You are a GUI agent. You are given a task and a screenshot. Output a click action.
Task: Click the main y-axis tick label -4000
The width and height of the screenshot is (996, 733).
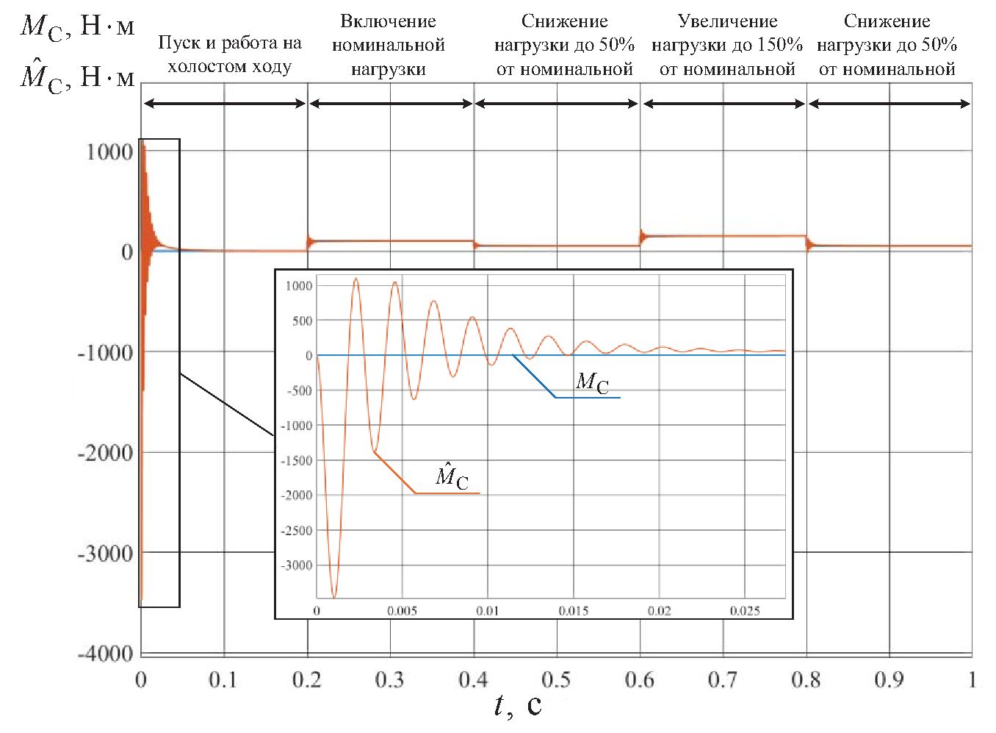[x=106, y=653]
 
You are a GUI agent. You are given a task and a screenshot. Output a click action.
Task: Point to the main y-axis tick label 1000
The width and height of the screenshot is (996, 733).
[x=109, y=152]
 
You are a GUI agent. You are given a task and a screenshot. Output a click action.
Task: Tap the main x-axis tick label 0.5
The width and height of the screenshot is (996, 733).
[x=556, y=680]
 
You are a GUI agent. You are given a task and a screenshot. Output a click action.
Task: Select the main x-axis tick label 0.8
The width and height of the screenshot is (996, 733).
[x=806, y=680]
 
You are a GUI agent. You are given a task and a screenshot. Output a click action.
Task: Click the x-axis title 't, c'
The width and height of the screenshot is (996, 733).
[x=517, y=706]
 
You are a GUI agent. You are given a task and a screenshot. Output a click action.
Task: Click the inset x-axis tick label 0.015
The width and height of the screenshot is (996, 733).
[x=573, y=611]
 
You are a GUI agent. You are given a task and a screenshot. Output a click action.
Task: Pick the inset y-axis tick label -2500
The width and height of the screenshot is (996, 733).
[x=297, y=531]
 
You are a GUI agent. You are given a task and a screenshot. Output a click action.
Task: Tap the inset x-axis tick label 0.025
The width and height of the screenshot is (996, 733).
[x=745, y=611]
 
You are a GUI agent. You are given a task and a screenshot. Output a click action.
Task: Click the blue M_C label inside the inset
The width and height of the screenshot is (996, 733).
[x=592, y=382]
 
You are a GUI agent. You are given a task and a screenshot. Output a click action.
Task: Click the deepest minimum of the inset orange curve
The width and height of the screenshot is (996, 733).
[x=333, y=597]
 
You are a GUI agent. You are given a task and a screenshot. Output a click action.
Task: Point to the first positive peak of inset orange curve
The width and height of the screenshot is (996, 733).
[x=356, y=279]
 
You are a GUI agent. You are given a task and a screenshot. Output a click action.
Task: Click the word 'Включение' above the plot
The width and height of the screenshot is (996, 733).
[x=388, y=21]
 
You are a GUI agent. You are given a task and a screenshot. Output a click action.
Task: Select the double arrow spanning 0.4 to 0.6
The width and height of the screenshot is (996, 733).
[x=557, y=104]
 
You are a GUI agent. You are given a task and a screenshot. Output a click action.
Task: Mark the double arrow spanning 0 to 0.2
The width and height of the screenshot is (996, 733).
[x=224, y=104]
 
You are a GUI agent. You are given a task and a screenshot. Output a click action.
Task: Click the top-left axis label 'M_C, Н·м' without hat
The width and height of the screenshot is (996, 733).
[x=77, y=27]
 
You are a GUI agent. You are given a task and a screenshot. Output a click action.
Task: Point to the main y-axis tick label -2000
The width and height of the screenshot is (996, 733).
[x=106, y=453]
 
